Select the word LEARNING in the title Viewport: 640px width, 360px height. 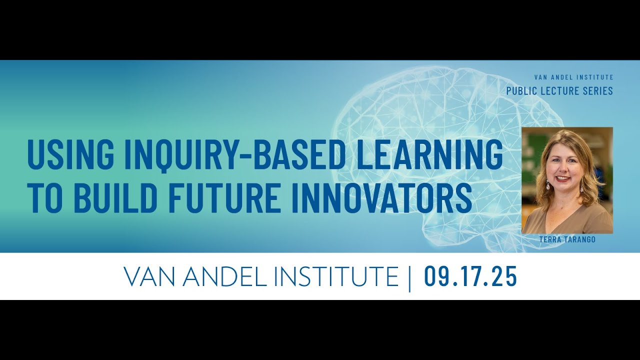coord(429,155)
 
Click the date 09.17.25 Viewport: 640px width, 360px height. coord(470,277)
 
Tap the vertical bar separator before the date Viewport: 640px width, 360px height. coord(409,277)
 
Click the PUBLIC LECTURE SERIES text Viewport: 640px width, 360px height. coord(559,91)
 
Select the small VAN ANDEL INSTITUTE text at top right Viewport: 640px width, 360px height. coord(573,77)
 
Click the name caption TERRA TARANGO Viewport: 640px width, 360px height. coord(567,240)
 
